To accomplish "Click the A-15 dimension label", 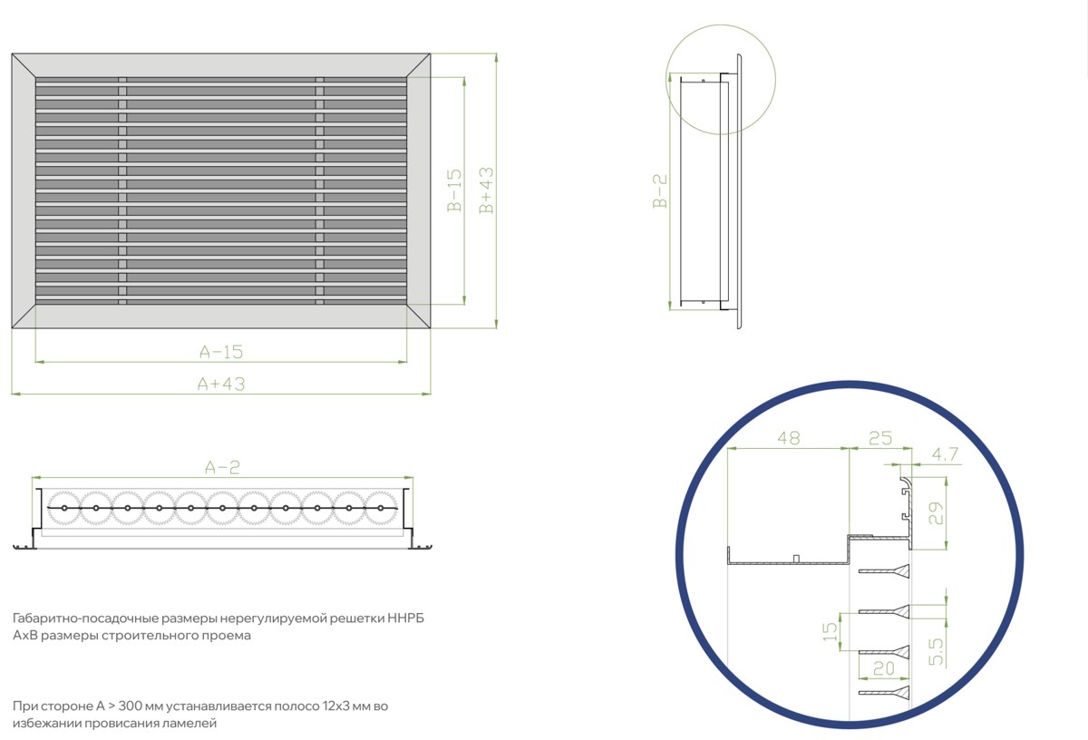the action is (x=221, y=352).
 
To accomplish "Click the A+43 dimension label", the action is (x=221, y=384).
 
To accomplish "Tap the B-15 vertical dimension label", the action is (x=454, y=190).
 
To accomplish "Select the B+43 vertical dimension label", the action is (x=486, y=190).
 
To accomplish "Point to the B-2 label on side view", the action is (x=660, y=191).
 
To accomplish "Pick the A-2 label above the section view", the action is (x=222, y=467).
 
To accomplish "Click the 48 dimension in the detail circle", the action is (x=788, y=438).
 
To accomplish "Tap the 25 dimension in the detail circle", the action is (x=880, y=438).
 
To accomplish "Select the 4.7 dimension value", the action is (x=945, y=454).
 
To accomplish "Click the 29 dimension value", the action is (x=936, y=513).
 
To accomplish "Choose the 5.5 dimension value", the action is (x=936, y=651).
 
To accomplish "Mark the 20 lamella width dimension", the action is (x=883, y=669).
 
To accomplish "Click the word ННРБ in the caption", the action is (x=405, y=618).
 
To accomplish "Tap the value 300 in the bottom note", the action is (x=131, y=706).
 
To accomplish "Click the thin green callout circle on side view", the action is (x=665, y=79).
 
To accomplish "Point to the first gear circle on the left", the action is (x=64, y=508).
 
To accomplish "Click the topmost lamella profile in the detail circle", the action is (x=884, y=571).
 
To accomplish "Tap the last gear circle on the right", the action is (x=381, y=508).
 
